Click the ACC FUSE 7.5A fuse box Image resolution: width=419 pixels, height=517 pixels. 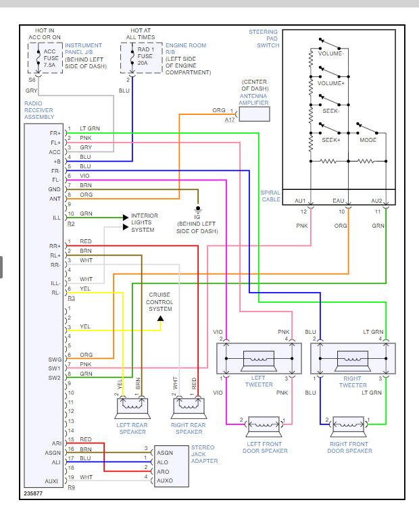coord(45,58)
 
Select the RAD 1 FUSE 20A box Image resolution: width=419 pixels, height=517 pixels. coord(141,58)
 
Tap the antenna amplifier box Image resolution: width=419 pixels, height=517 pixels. coord(254,114)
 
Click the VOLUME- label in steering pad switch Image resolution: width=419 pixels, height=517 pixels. coord(330,53)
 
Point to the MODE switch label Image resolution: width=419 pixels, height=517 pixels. coord(368,140)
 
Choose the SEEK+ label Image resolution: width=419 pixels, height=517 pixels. coord(330,140)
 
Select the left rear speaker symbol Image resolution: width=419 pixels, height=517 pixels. coord(132,408)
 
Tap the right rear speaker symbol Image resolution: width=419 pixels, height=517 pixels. coord(189,408)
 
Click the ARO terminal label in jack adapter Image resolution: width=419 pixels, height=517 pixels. coord(163,472)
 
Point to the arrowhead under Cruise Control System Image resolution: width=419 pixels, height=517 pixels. coord(160,318)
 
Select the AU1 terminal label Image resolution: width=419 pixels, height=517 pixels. coord(300,201)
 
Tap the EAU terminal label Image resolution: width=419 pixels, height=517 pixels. coord(338,201)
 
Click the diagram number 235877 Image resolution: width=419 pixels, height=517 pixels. coord(33,493)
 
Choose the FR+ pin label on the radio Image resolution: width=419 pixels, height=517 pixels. coord(55,133)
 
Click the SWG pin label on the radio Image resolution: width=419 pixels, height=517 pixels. coord(55,360)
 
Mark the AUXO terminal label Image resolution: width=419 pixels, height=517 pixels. coord(165,481)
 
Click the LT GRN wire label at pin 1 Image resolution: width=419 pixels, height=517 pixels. coord(90,128)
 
